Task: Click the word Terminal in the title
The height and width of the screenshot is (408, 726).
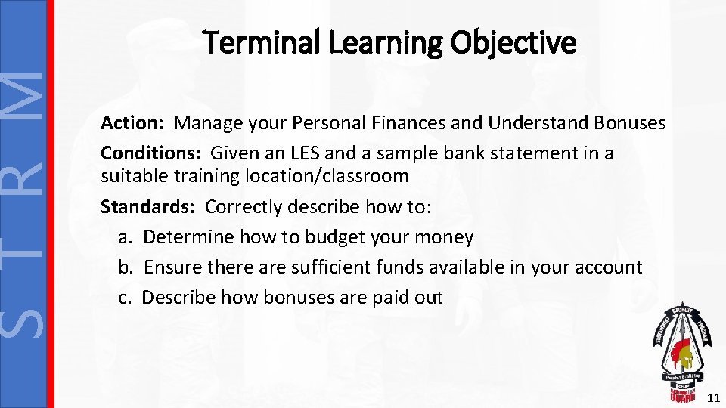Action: pos(253,43)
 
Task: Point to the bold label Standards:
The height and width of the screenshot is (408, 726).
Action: pos(149,206)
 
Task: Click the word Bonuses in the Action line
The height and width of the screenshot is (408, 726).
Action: pos(631,122)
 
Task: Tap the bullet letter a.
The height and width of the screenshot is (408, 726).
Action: pos(126,237)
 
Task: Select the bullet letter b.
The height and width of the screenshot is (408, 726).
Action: pos(126,267)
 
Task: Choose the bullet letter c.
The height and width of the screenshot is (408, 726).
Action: pos(126,298)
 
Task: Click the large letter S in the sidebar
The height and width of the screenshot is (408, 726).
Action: pos(26,313)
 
